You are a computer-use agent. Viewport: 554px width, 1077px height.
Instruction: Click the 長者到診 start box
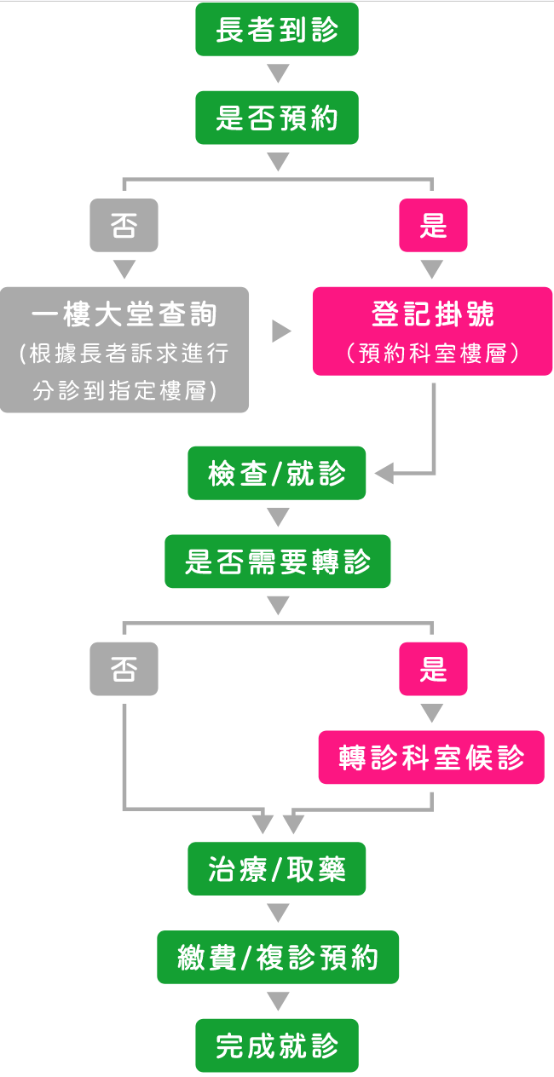tap(277, 30)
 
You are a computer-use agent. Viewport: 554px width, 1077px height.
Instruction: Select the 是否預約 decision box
tap(277, 118)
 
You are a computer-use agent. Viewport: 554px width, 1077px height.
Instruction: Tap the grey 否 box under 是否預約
tap(124, 225)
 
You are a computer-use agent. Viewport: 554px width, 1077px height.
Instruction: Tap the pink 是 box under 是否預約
tap(433, 225)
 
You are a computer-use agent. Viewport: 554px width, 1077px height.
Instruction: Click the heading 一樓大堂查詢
tap(124, 315)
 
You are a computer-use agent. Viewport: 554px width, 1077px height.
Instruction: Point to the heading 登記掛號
tap(433, 314)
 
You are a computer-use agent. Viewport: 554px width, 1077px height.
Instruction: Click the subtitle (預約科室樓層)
tap(433, 354)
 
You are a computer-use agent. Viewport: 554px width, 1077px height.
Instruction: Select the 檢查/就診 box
tap(277, 473)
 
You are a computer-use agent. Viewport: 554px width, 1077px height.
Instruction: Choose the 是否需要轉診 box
tap(277, 562)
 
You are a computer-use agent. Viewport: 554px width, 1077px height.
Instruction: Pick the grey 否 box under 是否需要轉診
tap(124, 669)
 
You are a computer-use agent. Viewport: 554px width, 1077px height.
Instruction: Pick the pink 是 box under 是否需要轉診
tap(433, 669)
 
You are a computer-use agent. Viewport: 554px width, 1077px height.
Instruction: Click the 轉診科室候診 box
tap(431, 757)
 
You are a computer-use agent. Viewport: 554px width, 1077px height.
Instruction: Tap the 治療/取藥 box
tap(277, 869)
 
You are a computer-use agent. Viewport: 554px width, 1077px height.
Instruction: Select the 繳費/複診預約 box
tap(277, 958)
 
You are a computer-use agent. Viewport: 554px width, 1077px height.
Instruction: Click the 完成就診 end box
tap(277, 1045)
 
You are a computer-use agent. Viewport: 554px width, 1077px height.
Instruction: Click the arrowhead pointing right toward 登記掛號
tap(281, 331)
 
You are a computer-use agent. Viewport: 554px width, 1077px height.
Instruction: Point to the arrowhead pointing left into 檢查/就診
tap(384, 473)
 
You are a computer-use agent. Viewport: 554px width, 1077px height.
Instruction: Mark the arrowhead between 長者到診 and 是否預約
tap(278, 72)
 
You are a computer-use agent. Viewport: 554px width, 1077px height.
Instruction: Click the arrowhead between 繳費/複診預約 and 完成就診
tap(278, 1001)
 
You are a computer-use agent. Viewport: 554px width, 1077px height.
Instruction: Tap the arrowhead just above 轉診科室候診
tap(432, 712)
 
